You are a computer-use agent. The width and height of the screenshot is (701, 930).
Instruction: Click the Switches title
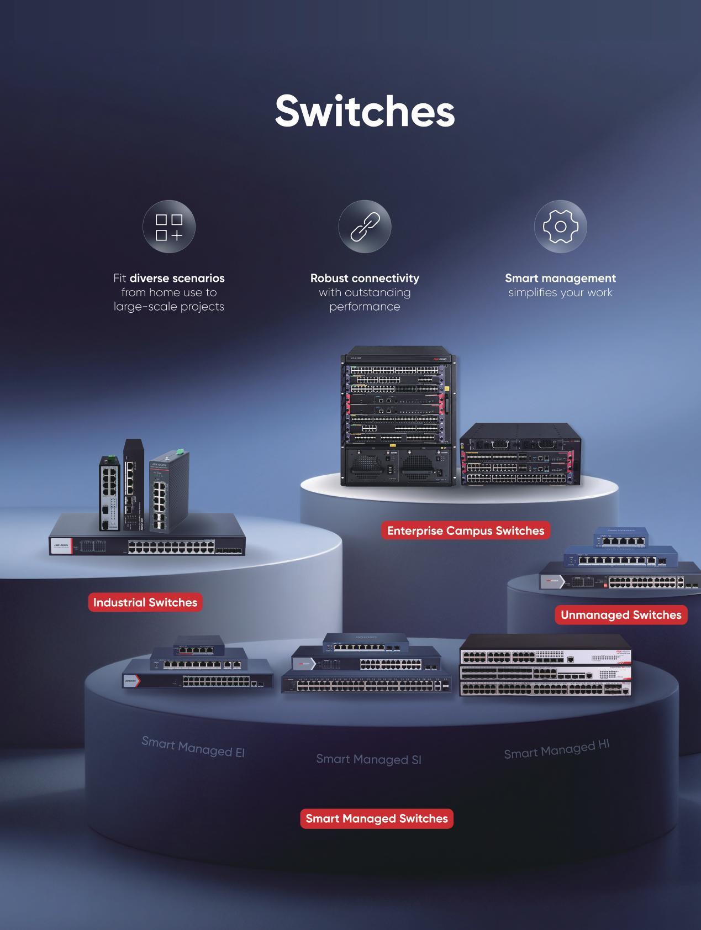(x=365, y=111)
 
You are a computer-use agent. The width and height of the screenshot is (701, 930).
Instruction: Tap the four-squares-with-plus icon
(x=169, y=227)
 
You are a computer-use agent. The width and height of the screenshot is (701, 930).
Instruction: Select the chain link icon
(x=365, y=227)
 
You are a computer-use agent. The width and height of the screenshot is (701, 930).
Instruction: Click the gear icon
(x=560, y=227)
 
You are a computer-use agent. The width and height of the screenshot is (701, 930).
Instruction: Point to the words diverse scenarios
(x=177, y=278)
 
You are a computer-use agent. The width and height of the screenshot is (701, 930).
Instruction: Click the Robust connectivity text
(x=365, y=278)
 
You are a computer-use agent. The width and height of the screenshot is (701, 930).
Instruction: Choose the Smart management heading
(x=560, y=278)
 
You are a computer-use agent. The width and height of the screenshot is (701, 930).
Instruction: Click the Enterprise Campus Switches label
(x=466, y=530)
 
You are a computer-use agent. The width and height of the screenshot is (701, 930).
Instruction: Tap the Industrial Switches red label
(x=145, y=602)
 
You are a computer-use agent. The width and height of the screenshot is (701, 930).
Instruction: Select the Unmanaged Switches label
(x=621, y=615)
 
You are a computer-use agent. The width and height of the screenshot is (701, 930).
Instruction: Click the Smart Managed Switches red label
(x=377, y=818)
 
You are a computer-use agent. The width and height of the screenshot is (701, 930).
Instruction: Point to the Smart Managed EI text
(x=193, y=747)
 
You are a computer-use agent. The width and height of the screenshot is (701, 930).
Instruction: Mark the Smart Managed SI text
(x=368, y=759)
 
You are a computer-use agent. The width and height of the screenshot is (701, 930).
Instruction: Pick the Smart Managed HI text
(x=556, y=749)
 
